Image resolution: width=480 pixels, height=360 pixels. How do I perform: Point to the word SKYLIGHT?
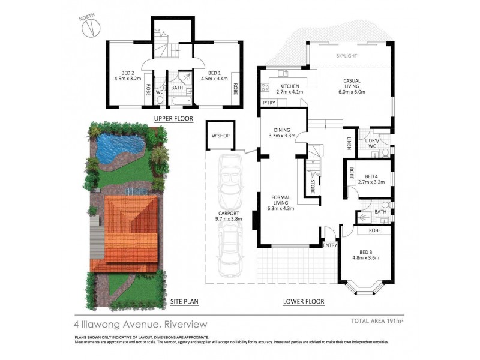[x=347, y=55]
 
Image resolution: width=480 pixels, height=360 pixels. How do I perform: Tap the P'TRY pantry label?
[x=269, y=104]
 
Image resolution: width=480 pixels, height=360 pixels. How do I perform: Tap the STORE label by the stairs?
[x=313, y=183]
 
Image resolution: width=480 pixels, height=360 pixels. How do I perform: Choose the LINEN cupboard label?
[x=349, y=142]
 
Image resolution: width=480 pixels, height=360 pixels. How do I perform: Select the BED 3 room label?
[x=367, y=255]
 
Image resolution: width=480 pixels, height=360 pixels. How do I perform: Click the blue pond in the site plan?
[x=119, y=146]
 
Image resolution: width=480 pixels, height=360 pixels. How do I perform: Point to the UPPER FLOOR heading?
[x=173, y=119]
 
